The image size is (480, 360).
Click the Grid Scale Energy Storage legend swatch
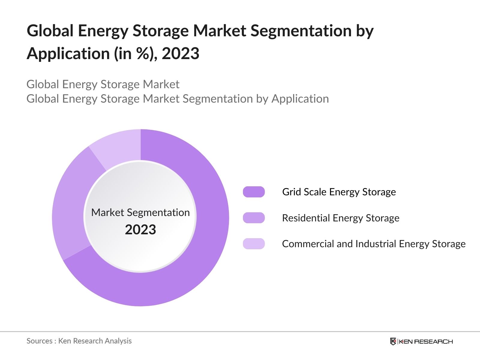(254, 192)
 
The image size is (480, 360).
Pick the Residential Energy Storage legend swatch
(254, 218)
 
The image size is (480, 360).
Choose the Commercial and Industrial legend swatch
(254, 244)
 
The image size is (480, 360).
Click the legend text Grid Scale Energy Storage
(339, 192)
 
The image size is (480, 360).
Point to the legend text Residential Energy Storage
(341, 218)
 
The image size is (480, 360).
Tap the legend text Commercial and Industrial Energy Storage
(374, 244)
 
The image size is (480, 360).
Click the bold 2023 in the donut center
(140, 230)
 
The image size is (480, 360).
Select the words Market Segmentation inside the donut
(140, 212)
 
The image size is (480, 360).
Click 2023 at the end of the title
(181, 54)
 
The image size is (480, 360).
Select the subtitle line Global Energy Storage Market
(103, 84)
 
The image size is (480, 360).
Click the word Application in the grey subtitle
(300, 99)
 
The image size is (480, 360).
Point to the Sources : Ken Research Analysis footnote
(79, 341)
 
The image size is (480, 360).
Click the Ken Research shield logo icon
(393, 341)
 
